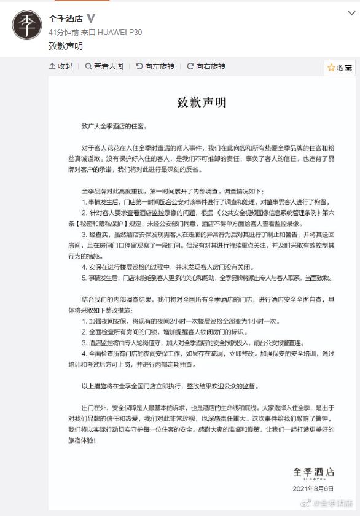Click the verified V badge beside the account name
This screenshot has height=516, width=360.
pyautogui.click(x=92, y=18)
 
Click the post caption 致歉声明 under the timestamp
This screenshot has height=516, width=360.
pyautogui.click(x=65, y=46)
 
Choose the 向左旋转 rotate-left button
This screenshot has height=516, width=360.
pyautogui.click(x=155, y=66)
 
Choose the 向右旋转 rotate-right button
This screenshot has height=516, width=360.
pyautogui.click(x=206, y=66)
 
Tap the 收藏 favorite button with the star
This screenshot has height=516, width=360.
pyautogui.click(x=340, y=68)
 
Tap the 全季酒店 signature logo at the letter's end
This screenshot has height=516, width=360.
pyautogui.click(x=313, y=472)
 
